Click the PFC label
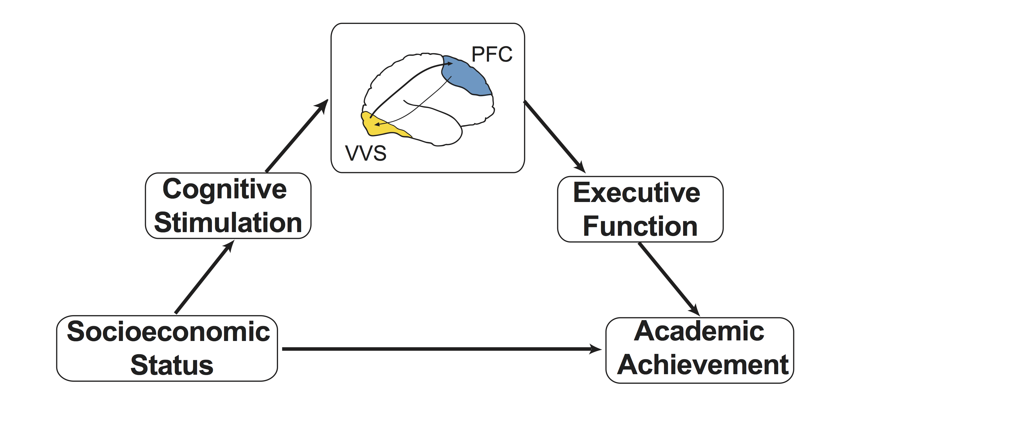click(x=492, y=54)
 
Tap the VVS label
click(x=366, y=153)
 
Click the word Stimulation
click(x=228, y=223)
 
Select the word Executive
click(x=637, y=193)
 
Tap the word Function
click(x=640, y=226)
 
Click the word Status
click(x=172, y=365)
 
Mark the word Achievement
click(x=703, y=365)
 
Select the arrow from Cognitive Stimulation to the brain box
click(x=297, y=135)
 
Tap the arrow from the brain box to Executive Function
click(x=554, y=136)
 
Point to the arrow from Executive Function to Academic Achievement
click(x=669, y=279)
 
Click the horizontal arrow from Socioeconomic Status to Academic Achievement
click(x=442, y=349)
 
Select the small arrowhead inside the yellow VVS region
click(x=377, y=125)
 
